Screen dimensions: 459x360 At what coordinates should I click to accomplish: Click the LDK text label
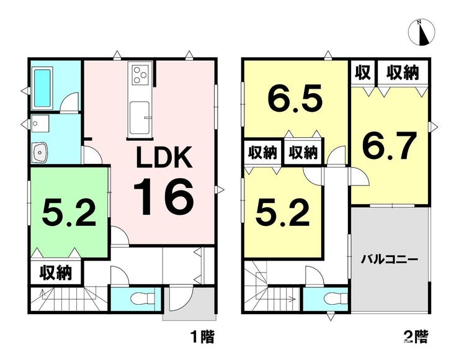[164, 157]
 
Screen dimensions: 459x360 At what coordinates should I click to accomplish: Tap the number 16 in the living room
[164, 197]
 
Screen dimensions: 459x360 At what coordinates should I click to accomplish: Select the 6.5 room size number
[295, 98]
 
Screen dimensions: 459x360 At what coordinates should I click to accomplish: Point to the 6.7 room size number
[390, 145]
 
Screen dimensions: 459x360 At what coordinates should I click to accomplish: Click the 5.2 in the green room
[69, 213]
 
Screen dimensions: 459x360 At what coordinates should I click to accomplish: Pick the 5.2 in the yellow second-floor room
[282, 213]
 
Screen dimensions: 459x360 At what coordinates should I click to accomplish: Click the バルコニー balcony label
[389, 259]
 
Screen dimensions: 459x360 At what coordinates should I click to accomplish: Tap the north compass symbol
[422, 32]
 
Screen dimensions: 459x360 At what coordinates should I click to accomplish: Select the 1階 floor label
[203, 337]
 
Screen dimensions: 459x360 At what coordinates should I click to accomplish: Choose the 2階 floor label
[416, 337]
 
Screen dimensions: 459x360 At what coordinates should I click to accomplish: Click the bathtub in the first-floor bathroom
[43, 88]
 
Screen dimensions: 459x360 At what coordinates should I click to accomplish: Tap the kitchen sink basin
[140, 117]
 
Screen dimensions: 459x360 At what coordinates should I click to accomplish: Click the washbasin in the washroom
[40, 152]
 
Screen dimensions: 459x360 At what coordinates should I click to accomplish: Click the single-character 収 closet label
[363, 73]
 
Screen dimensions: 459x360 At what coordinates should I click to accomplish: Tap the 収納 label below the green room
[56, 272]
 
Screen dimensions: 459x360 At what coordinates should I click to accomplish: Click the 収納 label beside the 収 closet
[403, 73]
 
